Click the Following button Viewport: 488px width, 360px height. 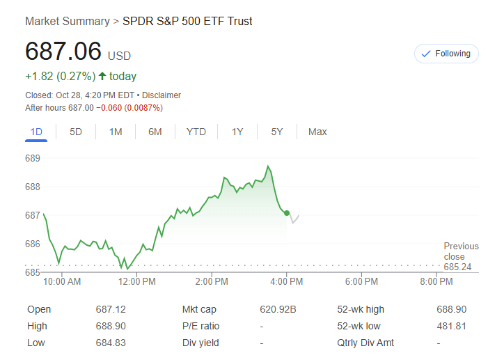(446, 54)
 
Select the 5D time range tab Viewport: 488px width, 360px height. (76, 132)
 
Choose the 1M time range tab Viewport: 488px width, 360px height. (116, 132)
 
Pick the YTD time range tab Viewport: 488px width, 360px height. (196, 132)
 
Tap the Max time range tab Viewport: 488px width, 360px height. (317, 132)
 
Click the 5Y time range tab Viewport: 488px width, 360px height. (277, 132)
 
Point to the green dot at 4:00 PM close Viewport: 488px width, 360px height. (287, 213)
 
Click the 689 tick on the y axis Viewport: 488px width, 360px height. (33, 158)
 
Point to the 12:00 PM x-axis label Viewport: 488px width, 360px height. (137, 282)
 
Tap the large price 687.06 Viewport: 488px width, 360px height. (63, 52)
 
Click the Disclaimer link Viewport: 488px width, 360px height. (162, 95)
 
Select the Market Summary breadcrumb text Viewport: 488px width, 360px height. (67, 22)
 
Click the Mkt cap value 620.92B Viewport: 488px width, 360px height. (278, 309)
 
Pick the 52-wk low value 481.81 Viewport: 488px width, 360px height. (451, 326)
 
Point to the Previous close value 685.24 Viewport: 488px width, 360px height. (457, 267)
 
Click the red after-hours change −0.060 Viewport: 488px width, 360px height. (110, 108)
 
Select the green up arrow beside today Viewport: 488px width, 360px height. (102, 76)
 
